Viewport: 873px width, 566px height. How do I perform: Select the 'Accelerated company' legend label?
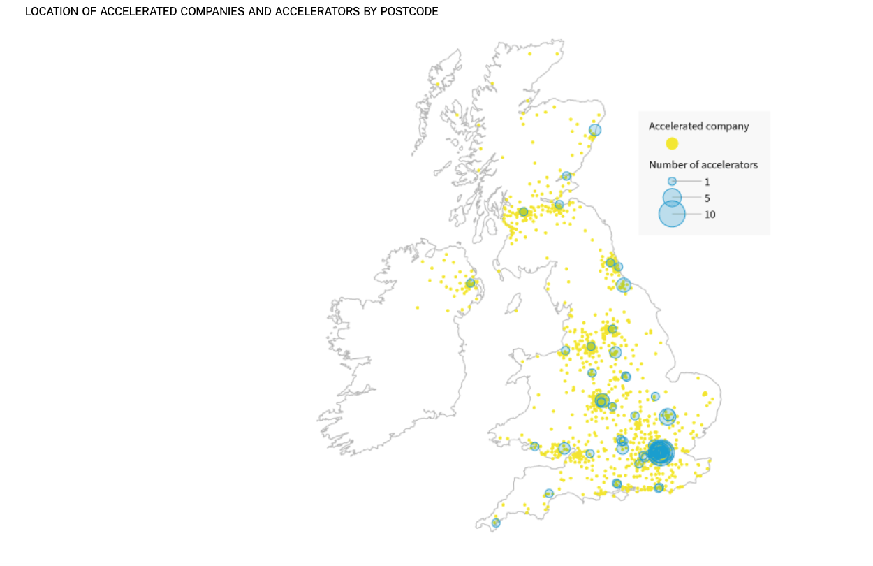click(x=698, y=126)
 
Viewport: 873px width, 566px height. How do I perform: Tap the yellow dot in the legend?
click(x=672, y=143)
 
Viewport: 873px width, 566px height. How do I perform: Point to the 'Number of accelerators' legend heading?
click(x=703, y=165)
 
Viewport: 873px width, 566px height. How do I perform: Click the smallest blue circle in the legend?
click(x=672, y=181)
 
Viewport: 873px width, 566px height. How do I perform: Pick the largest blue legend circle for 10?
click(x=672, y=214)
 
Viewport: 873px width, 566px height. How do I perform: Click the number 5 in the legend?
click(x=707, y=198)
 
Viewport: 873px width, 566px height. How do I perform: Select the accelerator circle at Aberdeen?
click(x=594, y=130)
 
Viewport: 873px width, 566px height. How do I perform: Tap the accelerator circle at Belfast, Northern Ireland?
click(x=470, y=283)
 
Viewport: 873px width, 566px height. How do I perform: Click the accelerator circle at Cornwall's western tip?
click(x=496, y=523)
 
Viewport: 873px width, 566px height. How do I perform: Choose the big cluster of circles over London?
click(x=660, y=453)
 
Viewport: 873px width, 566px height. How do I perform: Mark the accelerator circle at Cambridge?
click(x=667, y=416)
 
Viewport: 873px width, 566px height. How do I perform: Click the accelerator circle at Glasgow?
click(x=523, y=212)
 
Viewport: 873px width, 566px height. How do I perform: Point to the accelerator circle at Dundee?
click(x=566, y=176)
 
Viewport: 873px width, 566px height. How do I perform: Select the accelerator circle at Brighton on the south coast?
click(x=659, y=488)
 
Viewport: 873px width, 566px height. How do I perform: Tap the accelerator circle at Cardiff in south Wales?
click(x=534, y=446)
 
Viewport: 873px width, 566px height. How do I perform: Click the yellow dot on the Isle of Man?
click(x=516, y=310)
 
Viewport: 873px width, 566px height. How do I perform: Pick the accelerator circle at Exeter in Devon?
click(x=549, y=493)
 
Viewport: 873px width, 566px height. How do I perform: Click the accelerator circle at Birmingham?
click(x=601, y=400)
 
